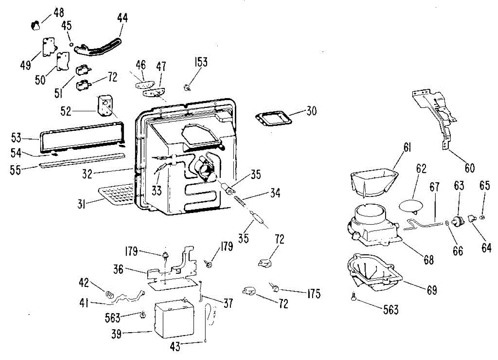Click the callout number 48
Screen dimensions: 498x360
click(x=59, y=13)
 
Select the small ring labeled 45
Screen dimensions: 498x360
click(x=71, y=44)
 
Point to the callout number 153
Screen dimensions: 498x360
click(x=201, y=62)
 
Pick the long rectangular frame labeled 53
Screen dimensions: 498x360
click(x=82, y=138)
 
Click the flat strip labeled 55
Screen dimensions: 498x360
click(x=82, y=160)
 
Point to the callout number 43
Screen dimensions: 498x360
click(x=175, y=346)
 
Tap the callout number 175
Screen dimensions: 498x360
click(x=314, y=294)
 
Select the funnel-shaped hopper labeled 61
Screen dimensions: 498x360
click(x=374, y=183)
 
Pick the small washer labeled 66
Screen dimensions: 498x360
click(x=447, y=223)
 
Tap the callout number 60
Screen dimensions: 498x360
click(x=469, y=168)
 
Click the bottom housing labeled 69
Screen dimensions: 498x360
click(x=375, y=272)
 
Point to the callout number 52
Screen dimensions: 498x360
click(x=66, y=111)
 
